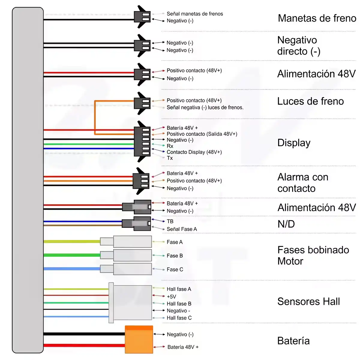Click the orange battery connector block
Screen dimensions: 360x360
point(139,339)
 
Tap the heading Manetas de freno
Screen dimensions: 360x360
point(317,18)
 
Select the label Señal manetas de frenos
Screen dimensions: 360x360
point(195,14)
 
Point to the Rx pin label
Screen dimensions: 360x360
point(170,146)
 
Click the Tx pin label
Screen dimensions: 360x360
point(169,158)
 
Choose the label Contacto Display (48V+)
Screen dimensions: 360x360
point(194,152)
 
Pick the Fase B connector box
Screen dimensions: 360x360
point(126,255)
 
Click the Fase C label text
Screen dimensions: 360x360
point(175,269)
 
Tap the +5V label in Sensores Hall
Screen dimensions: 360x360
point(171,296)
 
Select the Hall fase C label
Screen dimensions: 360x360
point(179,318)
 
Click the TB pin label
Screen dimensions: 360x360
point(170,221)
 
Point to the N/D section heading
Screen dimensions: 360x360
point(286,224)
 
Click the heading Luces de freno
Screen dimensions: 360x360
point(310,101)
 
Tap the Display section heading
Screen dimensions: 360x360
point(294,143)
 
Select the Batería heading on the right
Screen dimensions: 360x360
point(293,341)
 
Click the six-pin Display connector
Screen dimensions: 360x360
point(142,141)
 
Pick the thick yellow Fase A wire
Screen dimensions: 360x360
point(72,241)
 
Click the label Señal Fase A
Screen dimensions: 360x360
point(182,229)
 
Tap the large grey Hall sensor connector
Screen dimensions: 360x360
point(130,303)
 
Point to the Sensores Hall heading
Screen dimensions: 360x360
point(309,301)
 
